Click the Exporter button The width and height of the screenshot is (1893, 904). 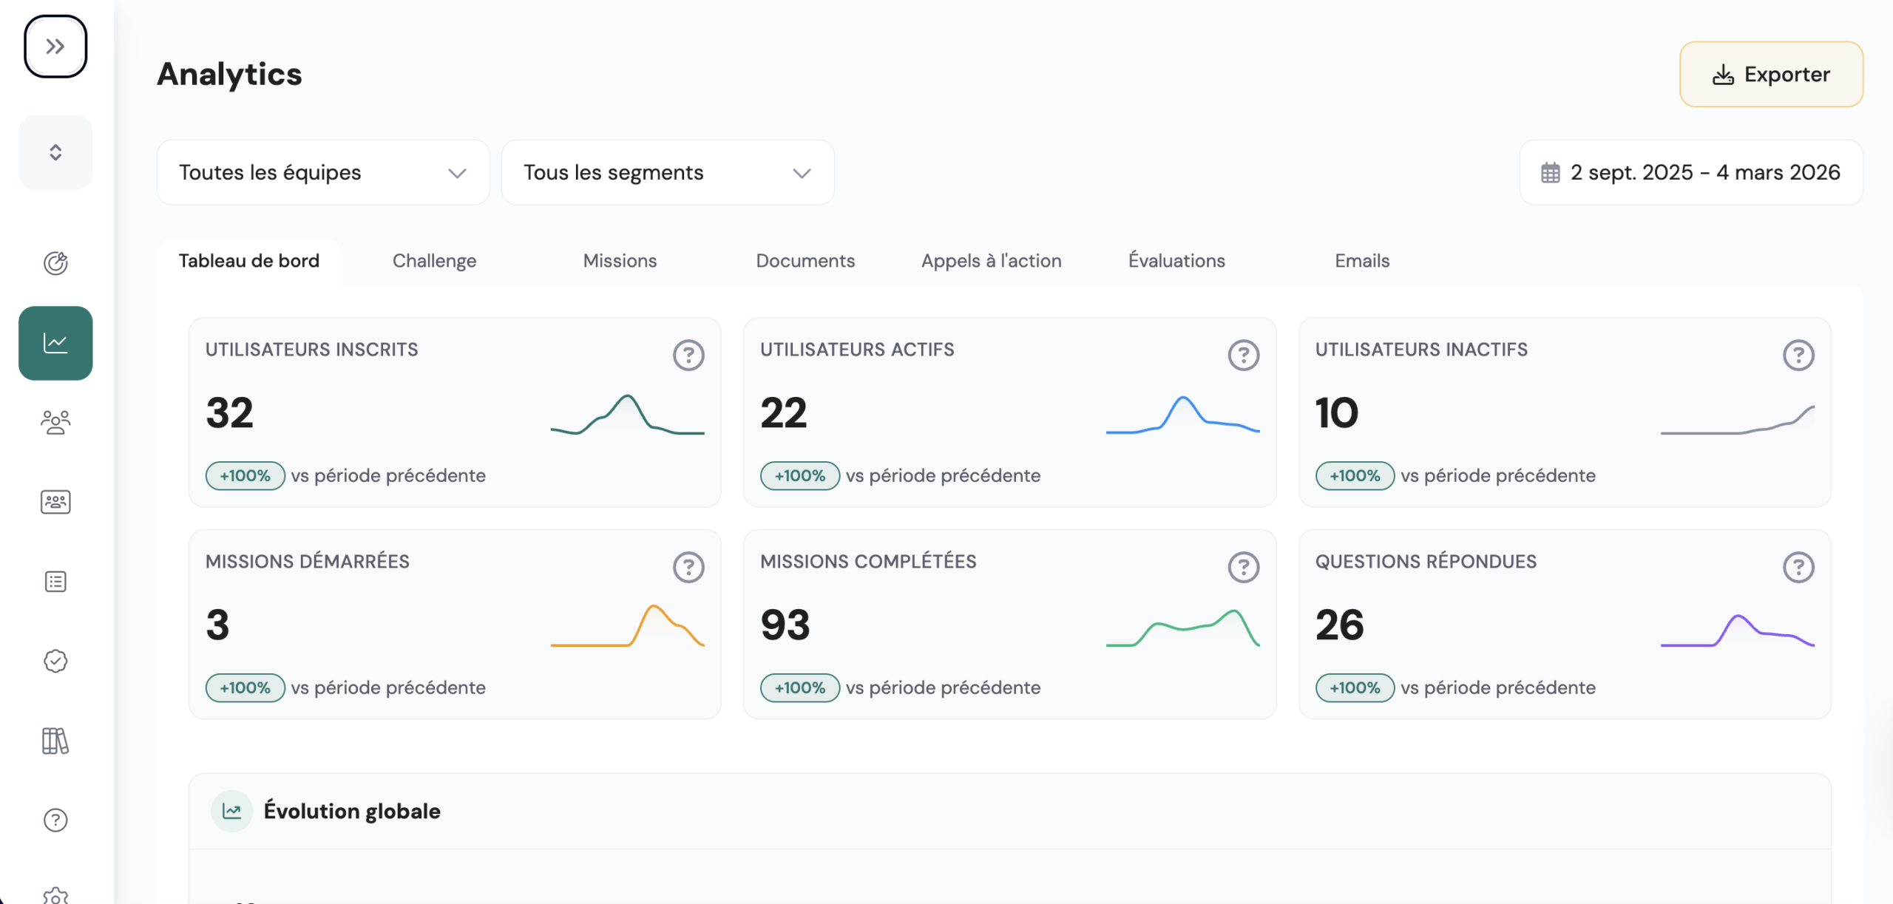1771,74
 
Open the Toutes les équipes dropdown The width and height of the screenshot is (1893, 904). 323,172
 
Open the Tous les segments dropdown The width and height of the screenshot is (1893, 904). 668,172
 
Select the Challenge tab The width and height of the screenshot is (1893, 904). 434,261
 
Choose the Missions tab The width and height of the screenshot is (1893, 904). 620,261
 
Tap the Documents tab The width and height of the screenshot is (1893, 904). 805,261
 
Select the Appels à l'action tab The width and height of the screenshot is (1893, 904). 991,261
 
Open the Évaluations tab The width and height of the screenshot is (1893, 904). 1176,261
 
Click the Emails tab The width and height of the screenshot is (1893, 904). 1362,261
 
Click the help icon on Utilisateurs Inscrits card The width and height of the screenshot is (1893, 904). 688,356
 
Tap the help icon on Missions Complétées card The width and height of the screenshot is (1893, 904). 1244,568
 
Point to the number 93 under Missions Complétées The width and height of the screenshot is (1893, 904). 785,625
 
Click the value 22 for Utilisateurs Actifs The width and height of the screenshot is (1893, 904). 784,413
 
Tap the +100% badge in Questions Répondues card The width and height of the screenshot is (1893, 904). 1355,687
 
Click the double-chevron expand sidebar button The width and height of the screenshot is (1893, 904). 55,47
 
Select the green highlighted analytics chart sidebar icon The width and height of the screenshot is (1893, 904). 55,343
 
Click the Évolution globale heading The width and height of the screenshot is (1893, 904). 352,811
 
